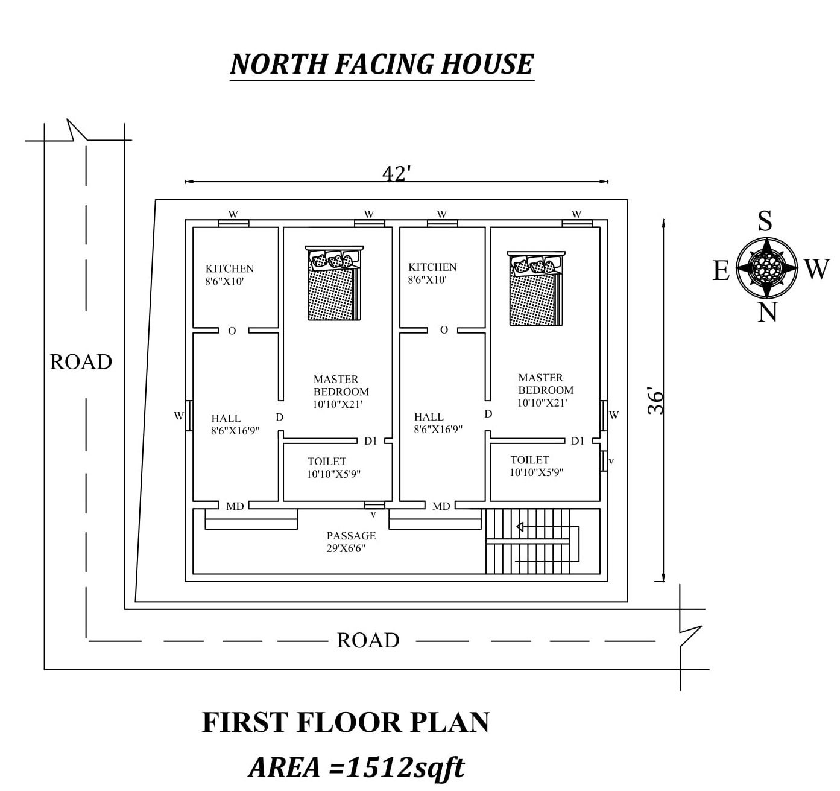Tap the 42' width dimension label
point(396,174)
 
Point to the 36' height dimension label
point(655,400)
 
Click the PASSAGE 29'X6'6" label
point(351,542)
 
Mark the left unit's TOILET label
point(327,462)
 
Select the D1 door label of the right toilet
point(578,441)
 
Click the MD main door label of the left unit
point(235,506)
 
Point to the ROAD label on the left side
point(81,362)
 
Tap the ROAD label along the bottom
point(368,640)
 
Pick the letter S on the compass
point(765,221)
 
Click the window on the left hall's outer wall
point(189,416)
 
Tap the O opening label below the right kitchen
point(444,330)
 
